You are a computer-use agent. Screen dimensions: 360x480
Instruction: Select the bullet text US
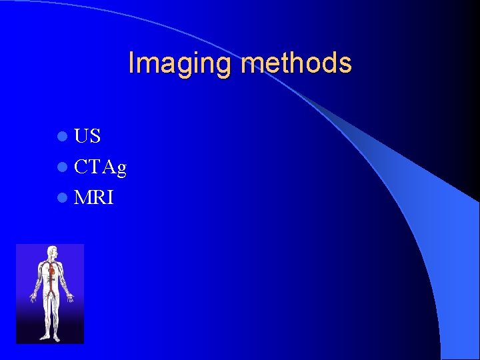tap(87, 137)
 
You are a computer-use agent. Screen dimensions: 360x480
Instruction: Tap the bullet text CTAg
tap(100, 167)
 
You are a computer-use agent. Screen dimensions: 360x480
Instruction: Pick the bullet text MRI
tap(94, 198)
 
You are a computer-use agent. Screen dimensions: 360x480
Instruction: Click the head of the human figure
tap(52, 252)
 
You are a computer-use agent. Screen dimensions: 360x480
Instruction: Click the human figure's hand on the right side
tap(70, 297)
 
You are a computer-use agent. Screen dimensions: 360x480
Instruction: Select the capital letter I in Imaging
tap(131, 63)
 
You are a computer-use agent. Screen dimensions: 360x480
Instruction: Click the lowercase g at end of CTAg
tap(121, 169)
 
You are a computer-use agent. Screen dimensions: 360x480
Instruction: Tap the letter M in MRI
tap(83, 198)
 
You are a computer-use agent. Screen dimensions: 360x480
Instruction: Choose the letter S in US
tap(95, 137)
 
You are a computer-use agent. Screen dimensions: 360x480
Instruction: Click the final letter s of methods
tap(345, 64)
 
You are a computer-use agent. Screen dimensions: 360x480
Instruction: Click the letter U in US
tap(82, 137)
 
